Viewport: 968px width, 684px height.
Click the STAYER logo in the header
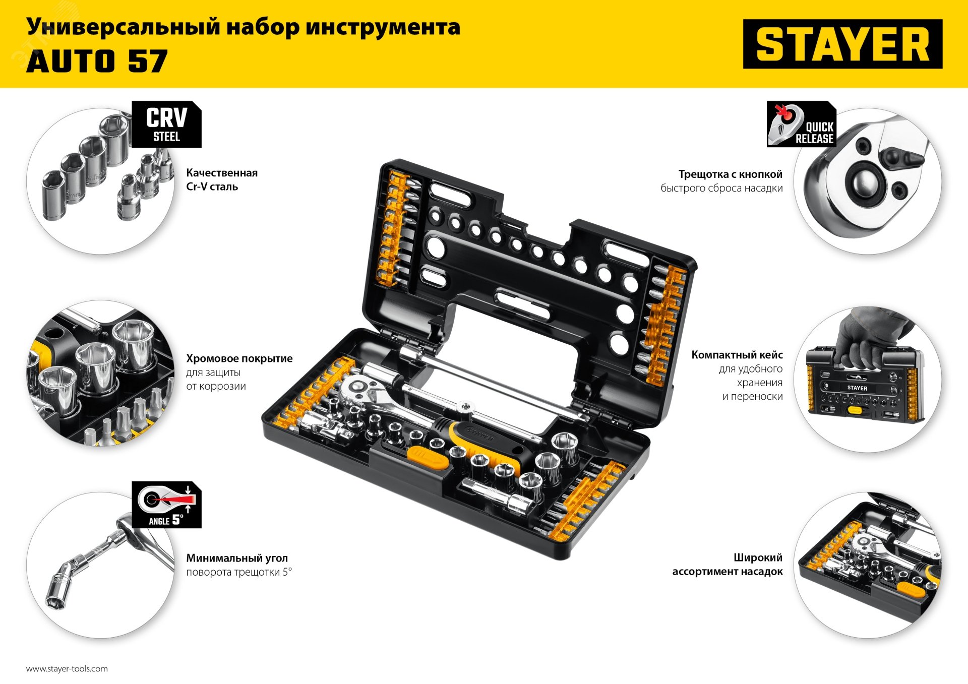point(842,44)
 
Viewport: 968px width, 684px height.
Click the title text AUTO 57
point(97,61)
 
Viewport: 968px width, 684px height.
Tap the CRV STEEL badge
point(166,125)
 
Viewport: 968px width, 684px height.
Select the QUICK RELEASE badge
point(801,124)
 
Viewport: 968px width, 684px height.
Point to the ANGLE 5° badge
point(166,505)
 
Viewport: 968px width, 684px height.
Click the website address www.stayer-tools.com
point(67,669)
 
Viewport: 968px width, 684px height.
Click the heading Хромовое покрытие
point(239,358)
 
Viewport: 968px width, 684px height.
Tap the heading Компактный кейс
point(737,355)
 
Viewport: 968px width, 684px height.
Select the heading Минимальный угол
point(237,558)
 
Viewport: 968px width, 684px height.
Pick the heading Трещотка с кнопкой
point(731,174)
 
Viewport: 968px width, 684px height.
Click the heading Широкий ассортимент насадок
point(728,565)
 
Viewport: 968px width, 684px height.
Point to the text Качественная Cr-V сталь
point(222,179)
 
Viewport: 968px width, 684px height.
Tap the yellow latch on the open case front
point(428,458)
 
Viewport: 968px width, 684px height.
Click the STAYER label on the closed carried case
point(857,388)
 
